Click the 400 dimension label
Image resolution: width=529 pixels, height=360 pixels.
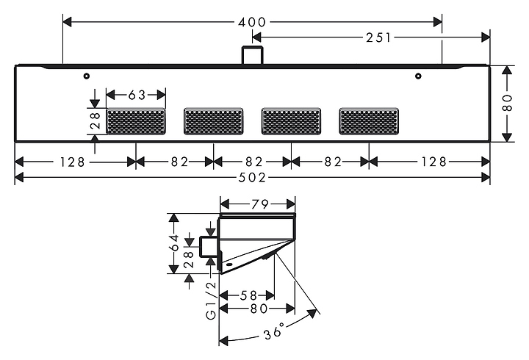coord(252,22)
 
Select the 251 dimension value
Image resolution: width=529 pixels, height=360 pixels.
coord(378,37)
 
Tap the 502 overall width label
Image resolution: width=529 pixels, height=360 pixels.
coord(252,178)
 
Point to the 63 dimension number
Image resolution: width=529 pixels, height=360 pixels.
coord(137,96)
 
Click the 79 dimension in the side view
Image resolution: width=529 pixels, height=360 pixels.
coord(260,204)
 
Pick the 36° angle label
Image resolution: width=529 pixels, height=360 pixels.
coord(274,331)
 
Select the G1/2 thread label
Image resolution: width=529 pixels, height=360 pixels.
coord(211,300)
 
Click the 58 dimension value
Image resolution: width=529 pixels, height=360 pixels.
coord(248,296)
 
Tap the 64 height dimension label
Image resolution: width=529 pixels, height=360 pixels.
coord(175,242)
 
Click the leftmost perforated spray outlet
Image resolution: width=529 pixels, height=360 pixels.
coord(136,121)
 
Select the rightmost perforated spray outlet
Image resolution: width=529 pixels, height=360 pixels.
coord(369,121)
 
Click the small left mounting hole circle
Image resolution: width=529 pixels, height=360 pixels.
coord(87,76)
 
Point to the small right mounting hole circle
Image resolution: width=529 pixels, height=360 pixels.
coord(418,76)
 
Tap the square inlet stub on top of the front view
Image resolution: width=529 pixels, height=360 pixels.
coord(252,54)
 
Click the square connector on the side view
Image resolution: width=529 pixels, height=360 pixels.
coord(209,247)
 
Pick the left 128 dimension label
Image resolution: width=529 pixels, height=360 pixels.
coord(71,162)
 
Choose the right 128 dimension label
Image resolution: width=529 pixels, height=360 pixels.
coord(433,162)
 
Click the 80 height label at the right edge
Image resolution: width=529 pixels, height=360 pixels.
coord(507,103)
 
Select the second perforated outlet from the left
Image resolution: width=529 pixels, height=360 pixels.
coord(214,121)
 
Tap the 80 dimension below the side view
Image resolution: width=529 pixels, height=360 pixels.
coord(259,309)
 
